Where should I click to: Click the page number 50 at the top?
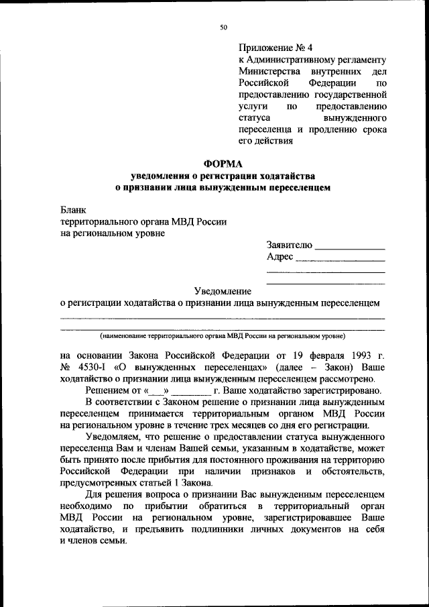(224, 27)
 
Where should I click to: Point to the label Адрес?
(280, 257)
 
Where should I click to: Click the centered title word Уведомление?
(223, 291)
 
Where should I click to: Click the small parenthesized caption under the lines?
(222, 335)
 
